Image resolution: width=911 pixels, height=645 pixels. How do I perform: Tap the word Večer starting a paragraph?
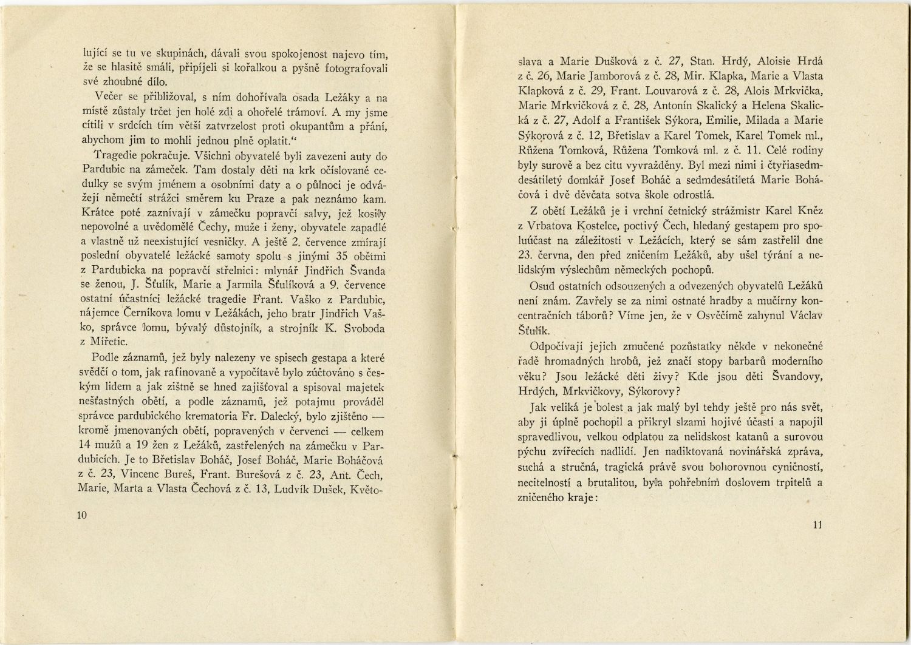coord(110,97)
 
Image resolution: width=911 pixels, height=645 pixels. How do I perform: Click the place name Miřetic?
coord(111,342)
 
